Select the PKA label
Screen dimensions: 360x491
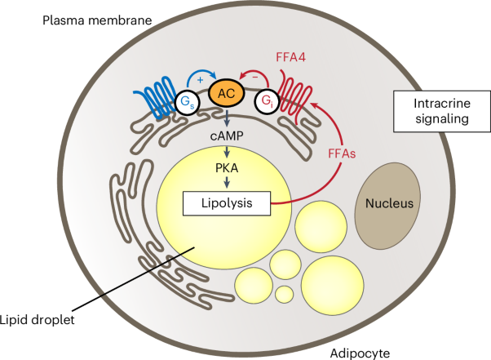point(226,167)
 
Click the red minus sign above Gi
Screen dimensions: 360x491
point(253,72)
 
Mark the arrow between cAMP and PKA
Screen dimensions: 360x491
point(226,150)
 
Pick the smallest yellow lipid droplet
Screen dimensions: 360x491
point(283,292)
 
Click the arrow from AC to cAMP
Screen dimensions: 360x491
point(226,117)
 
